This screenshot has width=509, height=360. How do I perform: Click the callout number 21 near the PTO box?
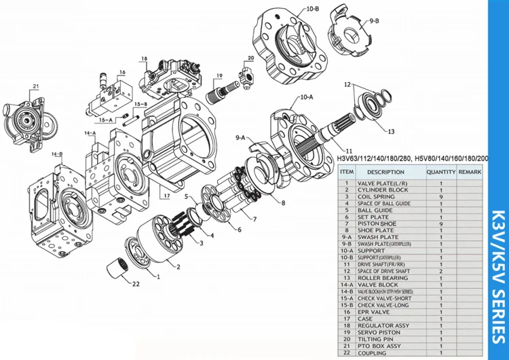36,86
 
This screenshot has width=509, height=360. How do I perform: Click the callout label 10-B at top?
312,9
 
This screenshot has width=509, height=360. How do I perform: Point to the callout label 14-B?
56,154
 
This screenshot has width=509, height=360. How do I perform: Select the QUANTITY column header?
440,173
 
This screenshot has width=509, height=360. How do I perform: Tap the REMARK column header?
470,173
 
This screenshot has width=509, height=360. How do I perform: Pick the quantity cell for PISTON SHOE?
440,223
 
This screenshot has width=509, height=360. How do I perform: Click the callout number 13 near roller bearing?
390,131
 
